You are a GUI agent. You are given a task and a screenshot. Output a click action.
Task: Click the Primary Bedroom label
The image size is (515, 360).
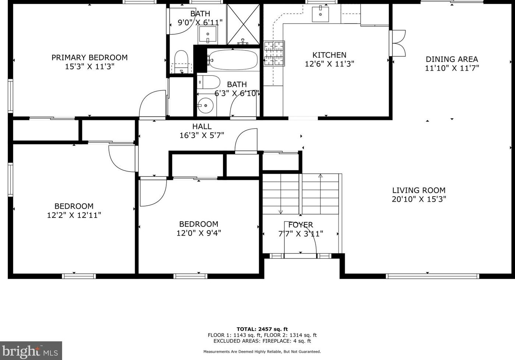(x=89, y=57)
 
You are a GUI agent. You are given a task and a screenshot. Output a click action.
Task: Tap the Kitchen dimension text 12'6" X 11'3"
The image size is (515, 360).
(x=329, y=64)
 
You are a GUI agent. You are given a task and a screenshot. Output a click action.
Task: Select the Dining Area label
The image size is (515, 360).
(x=452, y=59)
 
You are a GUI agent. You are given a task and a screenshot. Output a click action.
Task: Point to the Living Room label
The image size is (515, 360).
(x=419, y=190)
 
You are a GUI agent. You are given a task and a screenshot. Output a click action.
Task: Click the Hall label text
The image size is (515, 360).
(x=202, y=126)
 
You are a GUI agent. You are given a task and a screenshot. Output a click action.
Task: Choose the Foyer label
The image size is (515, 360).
(x=301, y=225)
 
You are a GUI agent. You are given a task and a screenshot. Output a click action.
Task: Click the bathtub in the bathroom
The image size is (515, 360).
(x=233, y=60)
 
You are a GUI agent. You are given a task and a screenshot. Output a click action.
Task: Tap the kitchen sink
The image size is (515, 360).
(x=320, y=14)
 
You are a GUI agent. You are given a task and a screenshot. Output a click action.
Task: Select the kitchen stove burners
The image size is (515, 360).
(x=274, y=53)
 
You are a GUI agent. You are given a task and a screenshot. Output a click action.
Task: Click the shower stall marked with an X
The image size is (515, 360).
(x=243, y=24)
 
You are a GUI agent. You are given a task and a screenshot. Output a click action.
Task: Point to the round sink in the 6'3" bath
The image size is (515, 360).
(x=206, y=106)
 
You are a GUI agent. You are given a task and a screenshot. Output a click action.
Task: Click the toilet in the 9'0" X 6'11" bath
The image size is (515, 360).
(x=181, y=61)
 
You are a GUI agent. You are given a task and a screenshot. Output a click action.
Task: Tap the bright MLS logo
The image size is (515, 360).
(x=31, y=351)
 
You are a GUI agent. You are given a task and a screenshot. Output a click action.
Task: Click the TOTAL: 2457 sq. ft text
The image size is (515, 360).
(x=262, y=329)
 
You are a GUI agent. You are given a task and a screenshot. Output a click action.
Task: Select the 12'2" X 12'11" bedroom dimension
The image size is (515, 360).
(x=74, y=215)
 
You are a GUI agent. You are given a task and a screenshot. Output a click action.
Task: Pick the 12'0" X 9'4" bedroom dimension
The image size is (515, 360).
(x=199, y=233)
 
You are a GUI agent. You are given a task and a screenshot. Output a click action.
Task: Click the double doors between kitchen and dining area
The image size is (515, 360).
(x=398, y=43)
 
